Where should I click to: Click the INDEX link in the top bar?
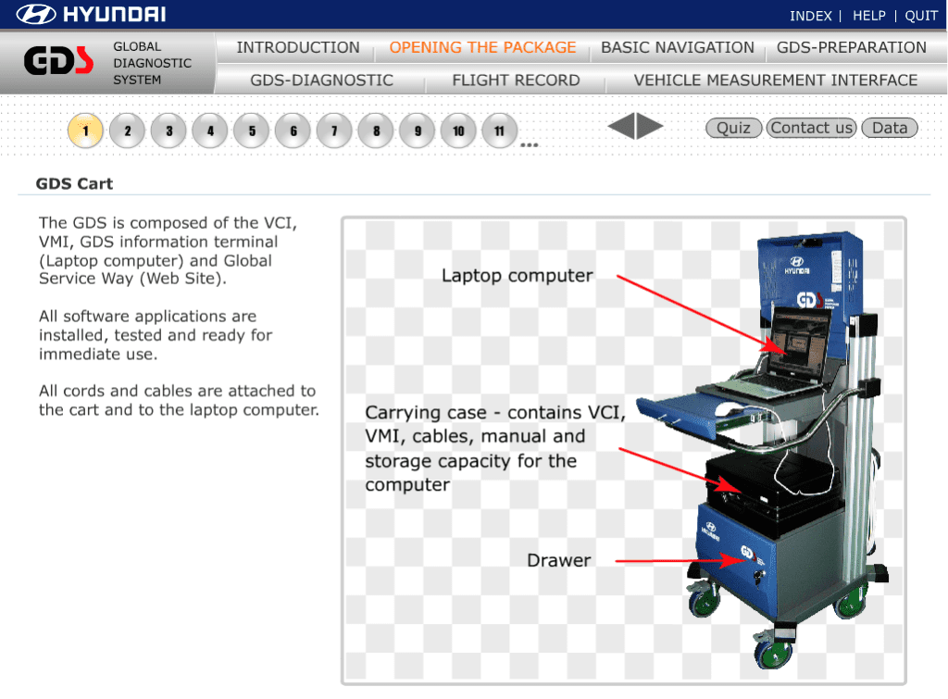[810, 16]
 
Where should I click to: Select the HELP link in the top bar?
[868, 16]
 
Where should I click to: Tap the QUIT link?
[921, 16]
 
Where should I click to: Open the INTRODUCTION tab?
[297, 47]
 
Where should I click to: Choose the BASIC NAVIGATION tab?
[677, 47]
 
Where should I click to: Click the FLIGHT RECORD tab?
[516, 81]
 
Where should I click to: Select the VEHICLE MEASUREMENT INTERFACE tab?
[775, 81]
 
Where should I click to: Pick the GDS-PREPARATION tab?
[851, 47]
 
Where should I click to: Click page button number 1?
[85, 131]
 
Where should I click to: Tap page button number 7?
[334, 131]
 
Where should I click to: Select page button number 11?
[499, 131]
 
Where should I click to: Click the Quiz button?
[733, 128]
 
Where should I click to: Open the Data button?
[889, 128]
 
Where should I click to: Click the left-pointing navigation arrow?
[621, 127]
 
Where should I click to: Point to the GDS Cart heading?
[74, 183]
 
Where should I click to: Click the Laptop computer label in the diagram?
[517, 275]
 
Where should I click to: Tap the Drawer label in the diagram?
[558, 560]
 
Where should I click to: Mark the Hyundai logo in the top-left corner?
[92, 15]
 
